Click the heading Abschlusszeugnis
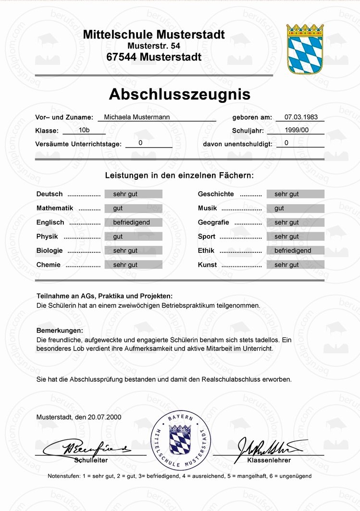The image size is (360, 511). click(179, 94)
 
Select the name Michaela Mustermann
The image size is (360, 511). click(137, 117)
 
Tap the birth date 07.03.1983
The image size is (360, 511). click(301, 117)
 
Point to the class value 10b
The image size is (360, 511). click(84, 130)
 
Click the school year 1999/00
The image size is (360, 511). click(297, 130)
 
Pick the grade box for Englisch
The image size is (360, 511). click(133, 223)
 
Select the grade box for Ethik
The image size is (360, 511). click(295, 250)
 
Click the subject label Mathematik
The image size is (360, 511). click(55, 208)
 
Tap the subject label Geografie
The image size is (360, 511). click(213, 223)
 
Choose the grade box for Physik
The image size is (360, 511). click(133, 237)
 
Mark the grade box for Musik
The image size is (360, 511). click(295, 208)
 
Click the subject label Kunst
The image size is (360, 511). click(207, 264)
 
